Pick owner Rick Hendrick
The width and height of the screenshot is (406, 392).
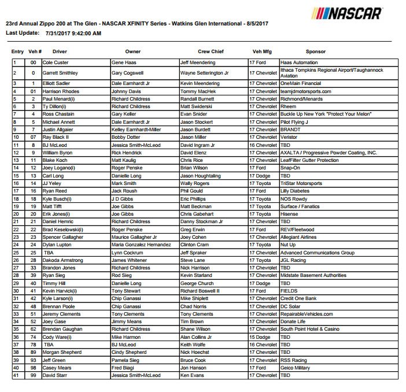click(x=128, y=153)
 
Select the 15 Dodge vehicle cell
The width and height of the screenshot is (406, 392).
click(x=260, y=336)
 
